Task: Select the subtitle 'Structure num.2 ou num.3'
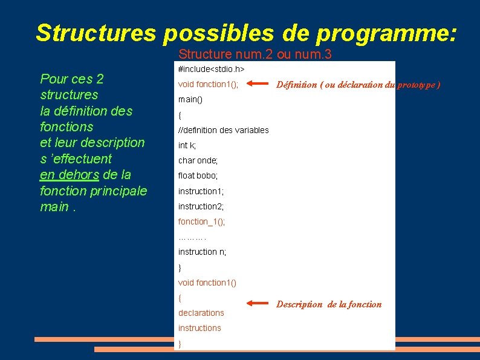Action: pyautogui.click(x=255, y=54)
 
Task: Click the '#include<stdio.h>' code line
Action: pyautogui.click(x=211, y=70)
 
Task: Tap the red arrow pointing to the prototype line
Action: pyautogui.click(x=256, y=85)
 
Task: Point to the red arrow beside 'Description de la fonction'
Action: pyautogui.click(x=256, y=304)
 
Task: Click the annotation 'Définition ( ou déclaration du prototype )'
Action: pyautogui.click(x=358, y=85)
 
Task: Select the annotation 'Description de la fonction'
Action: pyautogui.click(x=329, y=304)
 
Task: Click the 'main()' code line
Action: pyautogui.click(x=190, y=99)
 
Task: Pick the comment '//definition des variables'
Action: pyautogui.click(x=223, y=130)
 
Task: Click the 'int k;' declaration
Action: pyautogui.click(x=187, y=145)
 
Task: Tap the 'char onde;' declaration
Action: pyautogui.click(x=198, y=160)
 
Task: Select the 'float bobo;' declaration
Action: pyautogui.click(x=198, y=175)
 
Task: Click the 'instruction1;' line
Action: pyautogui.click(x=201, y=191)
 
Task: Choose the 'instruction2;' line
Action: pyautogui.click(x=201, y=206)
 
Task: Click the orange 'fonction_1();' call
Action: pyautogui.click(x=201, y=221)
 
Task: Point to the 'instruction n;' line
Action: pyautogui.click(x=202, y=252)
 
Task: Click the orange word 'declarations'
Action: pyautogui.click(x=201, y=313)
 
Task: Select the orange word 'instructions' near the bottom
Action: pyautogui.click(x=199, y=328)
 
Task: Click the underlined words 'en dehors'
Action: pyautogui.click(x=69, y=175)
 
